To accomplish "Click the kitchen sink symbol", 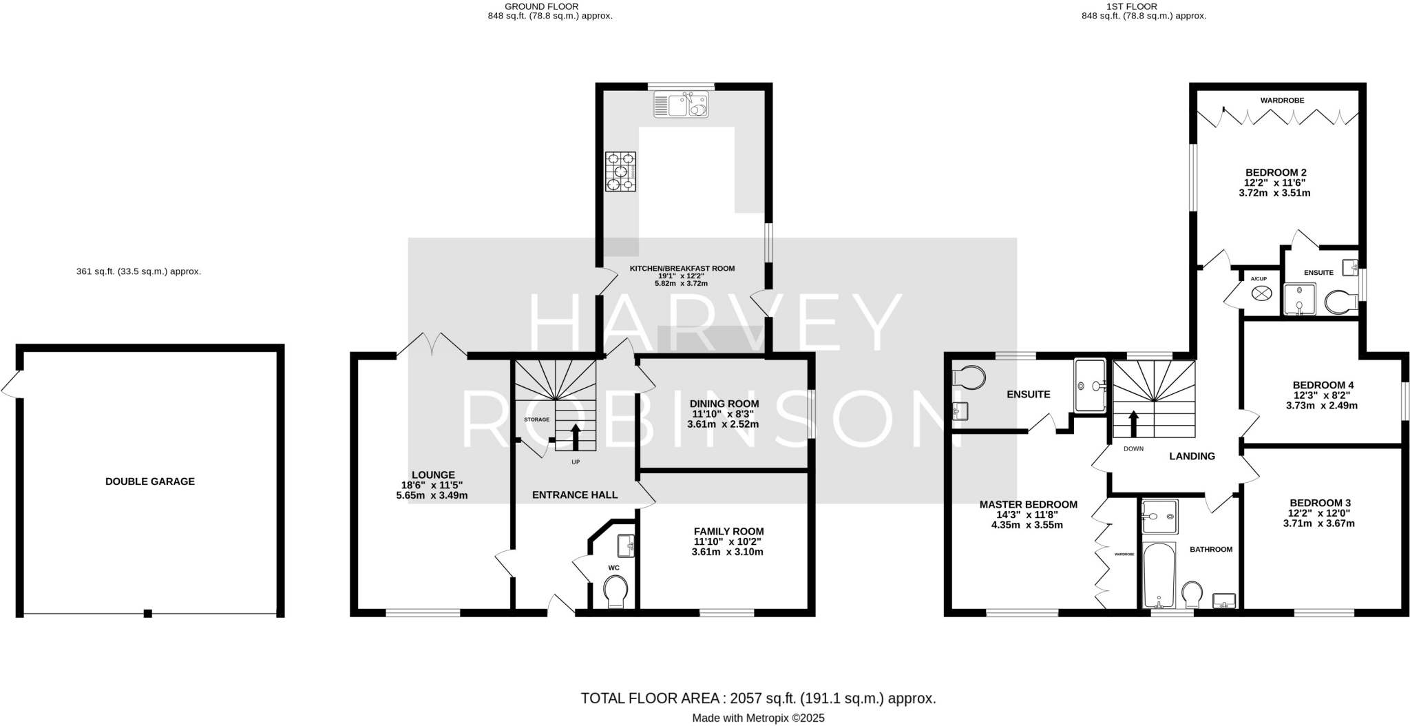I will click(x=681, y=105).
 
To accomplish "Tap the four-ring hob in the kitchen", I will click(x=620, y=171).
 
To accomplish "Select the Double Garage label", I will click(x=150, y=481).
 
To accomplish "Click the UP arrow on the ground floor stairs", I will click(x=576, y=437).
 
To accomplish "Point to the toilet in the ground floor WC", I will click(x=615, y=592).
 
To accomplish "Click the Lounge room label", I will click(x=433, y=475).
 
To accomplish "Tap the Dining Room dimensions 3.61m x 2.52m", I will click(x=723, y=424).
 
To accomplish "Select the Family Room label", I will click(x=728, y=531).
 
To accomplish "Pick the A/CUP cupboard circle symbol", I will click(x=1261, y=293).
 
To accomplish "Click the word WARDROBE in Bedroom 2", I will click(x=1282, y=101).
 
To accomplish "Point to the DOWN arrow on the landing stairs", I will click(x=1133, y=423).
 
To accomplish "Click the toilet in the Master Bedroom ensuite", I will click(x=969, y=377).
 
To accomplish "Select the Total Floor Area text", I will click(x=758, y=698).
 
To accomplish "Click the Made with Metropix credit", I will click(x=758, y=718).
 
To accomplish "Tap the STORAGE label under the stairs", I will click(x=537, y=419).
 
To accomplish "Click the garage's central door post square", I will click(x=147, y=613).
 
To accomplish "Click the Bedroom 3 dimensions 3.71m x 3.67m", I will click(x=1318, y=523).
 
